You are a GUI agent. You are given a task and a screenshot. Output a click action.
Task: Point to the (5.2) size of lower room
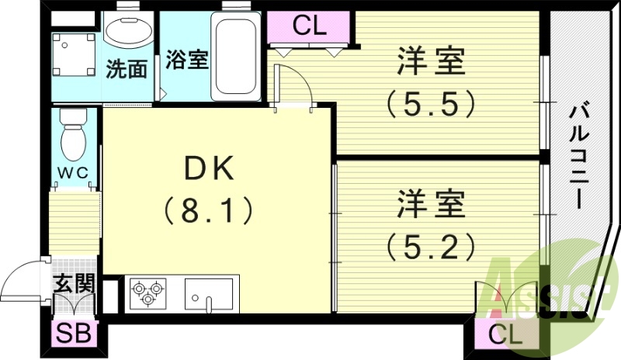tap(430, 247)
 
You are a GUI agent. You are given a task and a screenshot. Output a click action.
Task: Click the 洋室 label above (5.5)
tap(432, 62)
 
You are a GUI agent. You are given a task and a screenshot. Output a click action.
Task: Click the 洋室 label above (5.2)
tap(432, 206)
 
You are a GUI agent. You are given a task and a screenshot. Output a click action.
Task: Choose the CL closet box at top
tap(310, 26)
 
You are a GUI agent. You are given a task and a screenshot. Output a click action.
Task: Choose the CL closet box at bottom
tap(505, 335)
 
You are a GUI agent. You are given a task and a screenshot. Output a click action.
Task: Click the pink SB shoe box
tap(74, 334)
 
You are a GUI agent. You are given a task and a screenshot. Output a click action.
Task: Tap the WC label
tap(74, 169)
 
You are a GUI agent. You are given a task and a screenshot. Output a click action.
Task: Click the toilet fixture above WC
tap(74, 132)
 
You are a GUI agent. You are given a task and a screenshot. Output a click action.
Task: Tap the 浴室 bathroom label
tap(187, 61)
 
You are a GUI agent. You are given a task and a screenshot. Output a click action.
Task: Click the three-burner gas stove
tap(148, 293)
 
